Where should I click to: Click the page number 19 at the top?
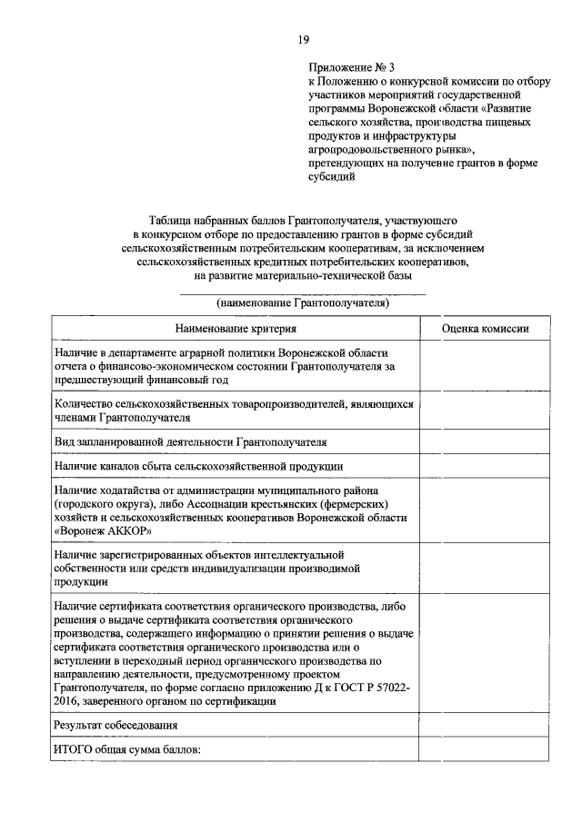coord(304,39)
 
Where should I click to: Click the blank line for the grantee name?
coord(303,292)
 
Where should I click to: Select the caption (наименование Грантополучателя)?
coord(303,304)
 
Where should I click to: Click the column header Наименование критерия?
coord(236,329)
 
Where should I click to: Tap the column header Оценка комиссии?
coord(484,329)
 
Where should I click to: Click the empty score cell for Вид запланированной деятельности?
coord(484,441)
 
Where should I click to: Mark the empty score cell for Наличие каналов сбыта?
coord(484,466)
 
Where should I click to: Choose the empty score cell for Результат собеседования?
coord(484,726)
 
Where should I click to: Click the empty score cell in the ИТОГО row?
coord(484,750)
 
